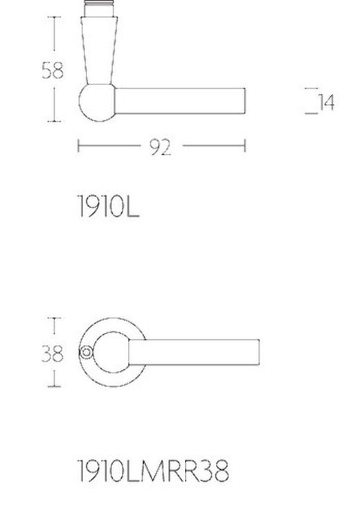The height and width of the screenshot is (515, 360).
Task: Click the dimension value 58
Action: pos(52,70)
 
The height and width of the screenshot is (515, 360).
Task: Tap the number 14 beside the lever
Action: pos(326,102)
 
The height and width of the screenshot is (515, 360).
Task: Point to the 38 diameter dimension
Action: pos(52,354)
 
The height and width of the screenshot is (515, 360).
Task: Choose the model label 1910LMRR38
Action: pos(152,472)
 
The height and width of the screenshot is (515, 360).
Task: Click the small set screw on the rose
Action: pos(85,354)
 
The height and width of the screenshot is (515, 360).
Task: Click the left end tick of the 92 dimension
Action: pos(78,146)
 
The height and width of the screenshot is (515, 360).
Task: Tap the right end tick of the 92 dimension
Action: pos(245,146)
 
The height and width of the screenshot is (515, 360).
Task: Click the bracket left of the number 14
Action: pos(312,101)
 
